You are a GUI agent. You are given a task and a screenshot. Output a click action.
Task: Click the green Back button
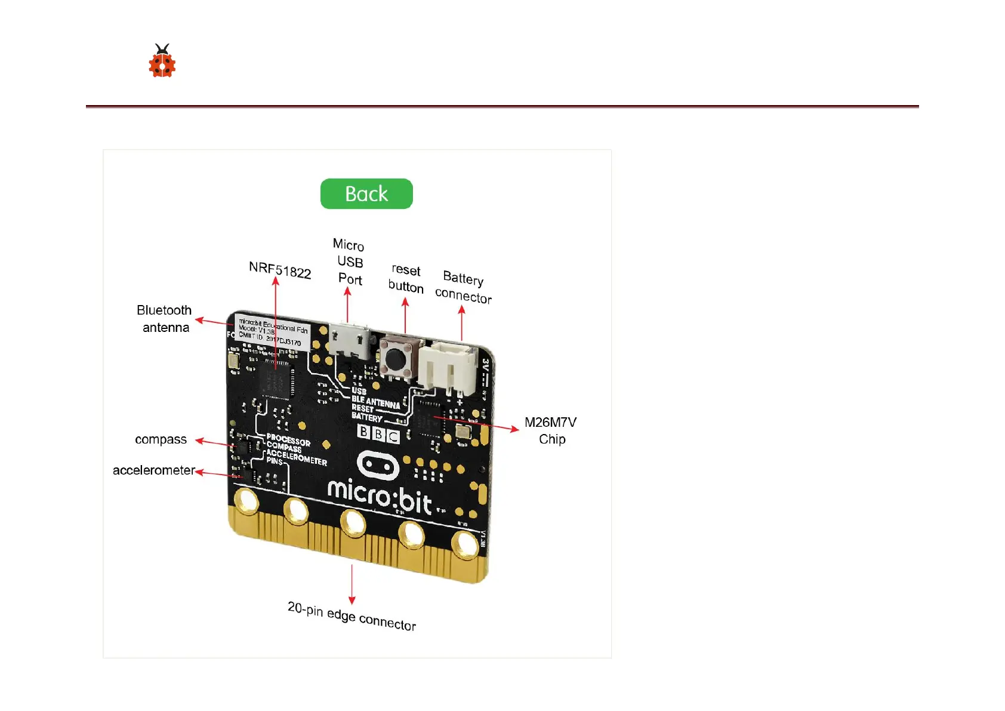366,194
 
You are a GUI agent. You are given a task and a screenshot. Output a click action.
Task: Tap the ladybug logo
162,61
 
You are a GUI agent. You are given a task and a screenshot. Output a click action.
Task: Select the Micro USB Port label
349,262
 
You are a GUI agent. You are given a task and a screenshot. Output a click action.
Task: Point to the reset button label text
406,279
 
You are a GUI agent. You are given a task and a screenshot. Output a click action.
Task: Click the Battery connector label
464,287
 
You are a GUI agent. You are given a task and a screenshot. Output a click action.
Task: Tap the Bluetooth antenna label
164,319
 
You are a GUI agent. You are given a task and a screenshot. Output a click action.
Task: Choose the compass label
161,439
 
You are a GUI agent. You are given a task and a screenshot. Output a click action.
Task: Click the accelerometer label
154,470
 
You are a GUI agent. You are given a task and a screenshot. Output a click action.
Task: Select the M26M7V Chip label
550,430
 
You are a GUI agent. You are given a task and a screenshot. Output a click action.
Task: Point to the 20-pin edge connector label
352,616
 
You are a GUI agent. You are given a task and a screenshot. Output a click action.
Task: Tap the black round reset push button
394,359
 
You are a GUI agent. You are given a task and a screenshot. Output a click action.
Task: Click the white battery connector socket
447,367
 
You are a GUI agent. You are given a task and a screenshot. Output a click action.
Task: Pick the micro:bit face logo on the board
378,466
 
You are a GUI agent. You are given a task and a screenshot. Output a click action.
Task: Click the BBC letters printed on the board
378,433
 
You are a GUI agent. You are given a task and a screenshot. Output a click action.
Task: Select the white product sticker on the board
273,331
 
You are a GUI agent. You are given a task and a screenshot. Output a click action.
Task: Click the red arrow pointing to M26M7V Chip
477,423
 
